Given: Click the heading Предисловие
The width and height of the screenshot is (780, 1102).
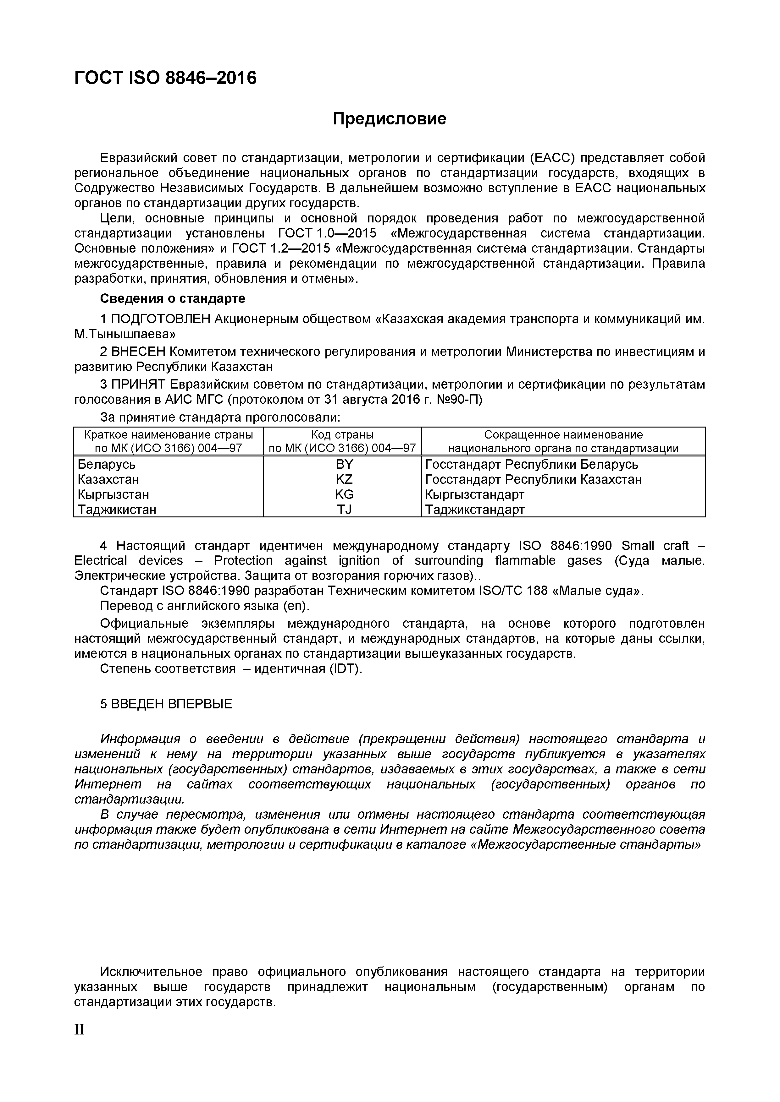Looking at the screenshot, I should tap(390, 118).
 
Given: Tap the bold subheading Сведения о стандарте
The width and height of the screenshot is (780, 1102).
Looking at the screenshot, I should tap(172, 298).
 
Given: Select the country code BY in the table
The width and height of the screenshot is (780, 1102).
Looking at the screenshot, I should tap(344, 464).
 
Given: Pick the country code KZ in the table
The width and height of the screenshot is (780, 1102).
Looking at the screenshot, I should tap(344, 479).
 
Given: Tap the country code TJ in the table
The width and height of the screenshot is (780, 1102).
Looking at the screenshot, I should tap(344, 509).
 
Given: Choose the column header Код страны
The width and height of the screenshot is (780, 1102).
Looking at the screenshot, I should tap(342, 435).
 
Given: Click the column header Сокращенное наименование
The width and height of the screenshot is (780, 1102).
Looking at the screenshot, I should tap(563, 435).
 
